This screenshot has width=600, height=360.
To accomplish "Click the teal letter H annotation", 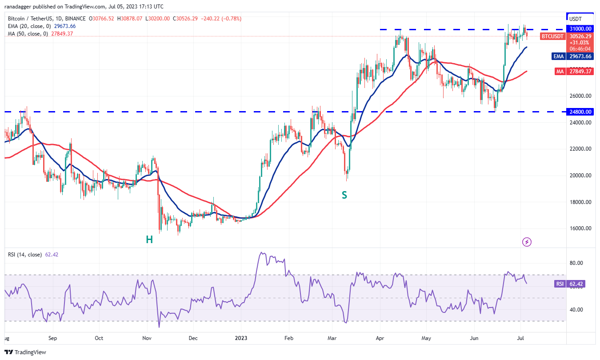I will [149, 240].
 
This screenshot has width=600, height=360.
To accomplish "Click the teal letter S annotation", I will [344, 195].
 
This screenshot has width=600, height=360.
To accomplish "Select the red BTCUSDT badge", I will [552, 36].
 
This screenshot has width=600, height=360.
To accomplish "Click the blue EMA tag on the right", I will [559, 56].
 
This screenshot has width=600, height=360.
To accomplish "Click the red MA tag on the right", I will [559, 71].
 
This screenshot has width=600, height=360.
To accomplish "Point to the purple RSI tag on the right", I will [560, 284].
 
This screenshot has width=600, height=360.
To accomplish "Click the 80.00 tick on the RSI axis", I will [576, 263].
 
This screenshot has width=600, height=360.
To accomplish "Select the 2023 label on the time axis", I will [240, 338].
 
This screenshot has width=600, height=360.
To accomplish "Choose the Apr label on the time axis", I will [380, 338].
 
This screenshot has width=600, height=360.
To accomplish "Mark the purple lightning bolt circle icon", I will [527, 242].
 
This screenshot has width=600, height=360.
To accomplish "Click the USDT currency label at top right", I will [576, 19].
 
